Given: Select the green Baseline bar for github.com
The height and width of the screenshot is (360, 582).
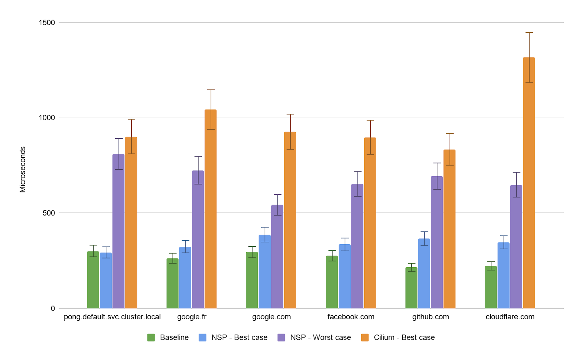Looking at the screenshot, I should pos(411,288).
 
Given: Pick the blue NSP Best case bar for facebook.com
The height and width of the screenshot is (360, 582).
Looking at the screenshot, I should pos(344,276).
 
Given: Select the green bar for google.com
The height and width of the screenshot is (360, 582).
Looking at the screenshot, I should pos(252,280).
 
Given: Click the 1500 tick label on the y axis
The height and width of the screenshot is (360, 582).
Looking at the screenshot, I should pos(47,23).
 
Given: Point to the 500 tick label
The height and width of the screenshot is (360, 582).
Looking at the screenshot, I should pos(49,213).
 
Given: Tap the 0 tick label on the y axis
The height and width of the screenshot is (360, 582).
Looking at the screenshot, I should pos(53,308).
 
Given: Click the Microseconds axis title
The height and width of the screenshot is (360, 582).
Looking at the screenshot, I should pos(23,169).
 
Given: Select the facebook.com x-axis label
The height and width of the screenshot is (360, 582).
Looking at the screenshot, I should pos(351,317).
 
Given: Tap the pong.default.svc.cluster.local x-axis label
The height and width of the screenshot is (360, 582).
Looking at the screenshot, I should pos(112,317).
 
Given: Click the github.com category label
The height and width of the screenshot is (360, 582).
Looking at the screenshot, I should pos(430,317).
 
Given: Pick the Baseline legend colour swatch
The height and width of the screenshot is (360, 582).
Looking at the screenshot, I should pos(151,337).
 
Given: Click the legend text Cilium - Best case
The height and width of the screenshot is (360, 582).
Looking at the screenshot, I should pos(404,337).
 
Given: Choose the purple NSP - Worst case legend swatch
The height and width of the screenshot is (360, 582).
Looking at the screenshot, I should pos(281,337).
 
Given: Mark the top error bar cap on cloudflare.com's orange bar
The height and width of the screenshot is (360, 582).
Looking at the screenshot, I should pos(529,32).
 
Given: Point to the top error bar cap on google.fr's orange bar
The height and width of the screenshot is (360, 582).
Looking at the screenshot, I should pos(211,90).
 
